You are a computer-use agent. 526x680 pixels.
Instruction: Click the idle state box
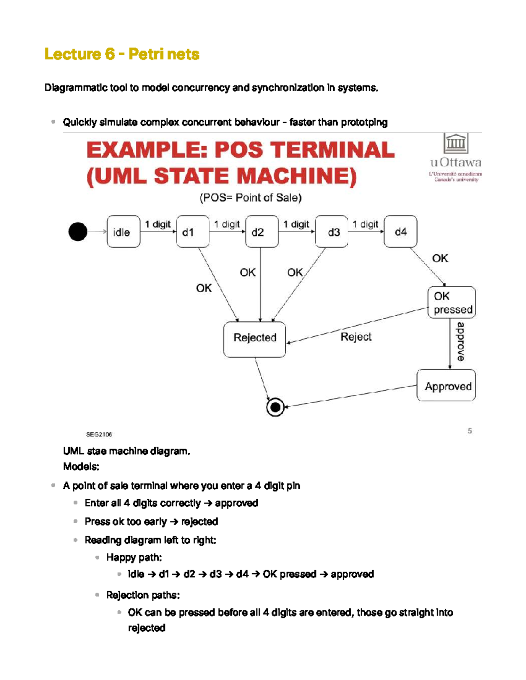click(x=123, y=232)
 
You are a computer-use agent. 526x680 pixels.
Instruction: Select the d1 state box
click(x=192, y=232)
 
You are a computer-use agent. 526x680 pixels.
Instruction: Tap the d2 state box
click(x=262, y=232)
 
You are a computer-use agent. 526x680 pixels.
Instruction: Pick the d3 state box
click(x=331, y=232)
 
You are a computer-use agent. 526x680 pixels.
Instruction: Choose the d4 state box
click(x=400, y=232)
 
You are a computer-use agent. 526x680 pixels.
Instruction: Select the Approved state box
click(x=446, y=385)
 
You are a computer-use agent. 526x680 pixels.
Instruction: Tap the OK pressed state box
click(x=451, y=303)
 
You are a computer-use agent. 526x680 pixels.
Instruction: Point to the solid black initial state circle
click(x=78, y=232)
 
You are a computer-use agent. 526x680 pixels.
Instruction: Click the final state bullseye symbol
click(x=275, y=407)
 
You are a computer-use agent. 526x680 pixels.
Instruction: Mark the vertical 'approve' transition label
click(x=460, y=342)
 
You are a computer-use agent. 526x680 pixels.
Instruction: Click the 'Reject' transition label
click(x=356, y=337)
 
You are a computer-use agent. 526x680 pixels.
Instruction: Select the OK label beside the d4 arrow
click(x=440, y=258)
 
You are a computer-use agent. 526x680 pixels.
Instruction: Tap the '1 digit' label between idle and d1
click(x=158, y=224)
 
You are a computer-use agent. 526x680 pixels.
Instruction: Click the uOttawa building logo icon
click(x=455, y=143)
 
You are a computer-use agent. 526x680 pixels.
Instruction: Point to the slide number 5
click(x=469, y=431)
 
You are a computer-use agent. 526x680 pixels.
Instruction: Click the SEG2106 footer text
click(x=99, y=434)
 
